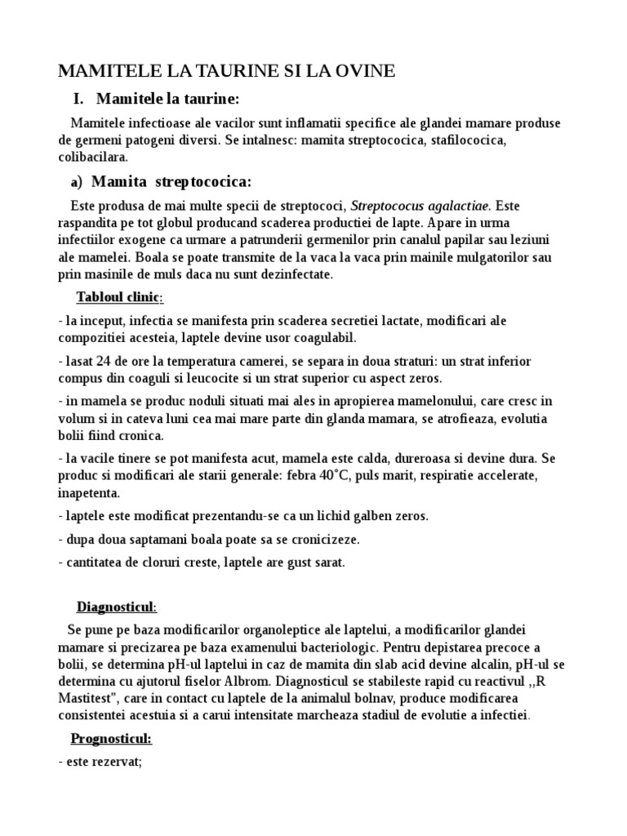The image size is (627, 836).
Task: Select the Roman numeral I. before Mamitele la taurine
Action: coord(78,100)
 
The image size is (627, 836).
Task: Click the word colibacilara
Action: coord(93,157)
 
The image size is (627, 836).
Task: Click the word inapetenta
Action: coord(89,493)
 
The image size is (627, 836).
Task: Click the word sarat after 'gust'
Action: coord(328,563)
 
